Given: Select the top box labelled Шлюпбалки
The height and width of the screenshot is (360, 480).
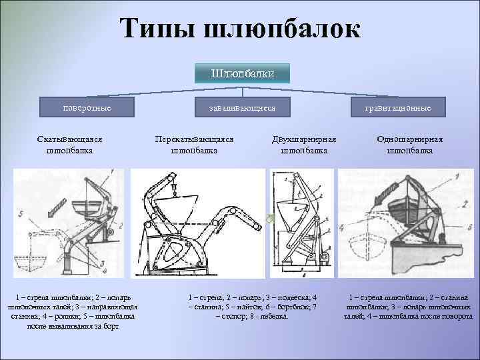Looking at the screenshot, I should click(243, 73).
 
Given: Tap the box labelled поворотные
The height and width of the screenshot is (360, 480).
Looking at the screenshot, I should click(87, 107).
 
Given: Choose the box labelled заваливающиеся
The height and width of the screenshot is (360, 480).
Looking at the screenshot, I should click(242, 107).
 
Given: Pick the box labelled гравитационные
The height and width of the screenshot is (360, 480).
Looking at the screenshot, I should click(398, 107).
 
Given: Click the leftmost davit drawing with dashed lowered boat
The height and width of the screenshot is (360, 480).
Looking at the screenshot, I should click(69, 223).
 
